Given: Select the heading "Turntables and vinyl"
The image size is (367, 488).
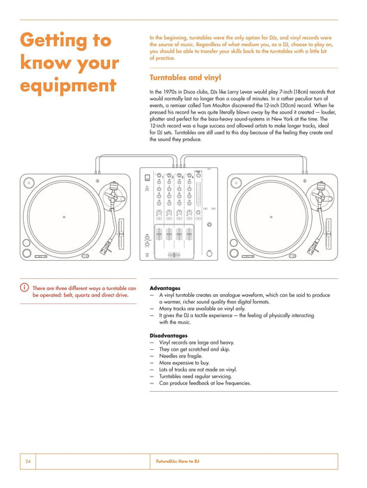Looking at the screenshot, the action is (185, 77).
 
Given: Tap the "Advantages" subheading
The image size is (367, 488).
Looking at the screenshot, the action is (165, 288).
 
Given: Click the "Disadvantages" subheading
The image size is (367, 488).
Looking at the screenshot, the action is (169, 335).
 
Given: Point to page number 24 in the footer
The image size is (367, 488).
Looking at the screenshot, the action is (28, 462).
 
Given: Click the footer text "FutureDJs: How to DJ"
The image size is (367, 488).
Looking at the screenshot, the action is (178, 462).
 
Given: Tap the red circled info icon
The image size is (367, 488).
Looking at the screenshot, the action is (24, 287).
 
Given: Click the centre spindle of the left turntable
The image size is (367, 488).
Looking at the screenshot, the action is (64, 217).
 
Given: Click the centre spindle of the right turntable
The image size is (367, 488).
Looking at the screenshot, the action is (271, 217).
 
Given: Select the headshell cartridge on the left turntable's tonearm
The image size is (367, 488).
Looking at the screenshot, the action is (105, 247).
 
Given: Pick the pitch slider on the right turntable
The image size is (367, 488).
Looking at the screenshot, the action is (328, 234).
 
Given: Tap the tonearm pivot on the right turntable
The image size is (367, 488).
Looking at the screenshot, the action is (320, 195).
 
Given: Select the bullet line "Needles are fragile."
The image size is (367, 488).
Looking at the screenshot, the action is (180, 356).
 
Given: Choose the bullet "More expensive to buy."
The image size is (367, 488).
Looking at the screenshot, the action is (185, 363).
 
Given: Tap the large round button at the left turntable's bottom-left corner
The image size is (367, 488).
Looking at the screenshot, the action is (26, 253).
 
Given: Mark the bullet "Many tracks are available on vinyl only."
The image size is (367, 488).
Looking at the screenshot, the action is (202, 309).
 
